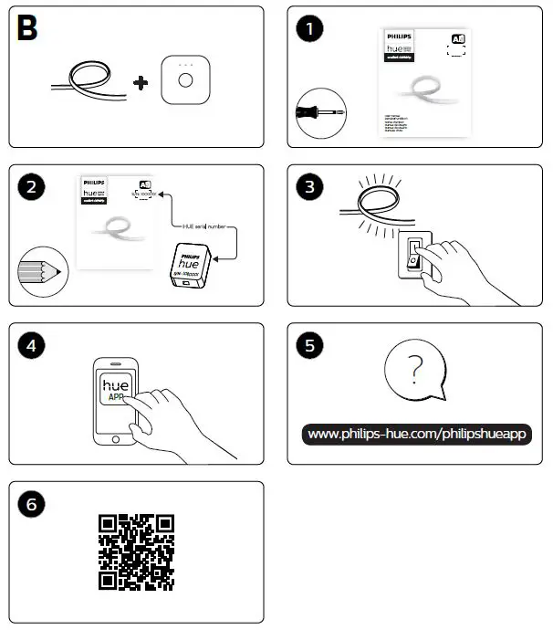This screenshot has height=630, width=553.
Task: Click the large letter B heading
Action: (28, 29)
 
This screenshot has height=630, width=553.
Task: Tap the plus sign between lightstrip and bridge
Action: (140, 83)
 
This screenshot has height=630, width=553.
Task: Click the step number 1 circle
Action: (310, 29)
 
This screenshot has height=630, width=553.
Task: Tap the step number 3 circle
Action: (310, 187)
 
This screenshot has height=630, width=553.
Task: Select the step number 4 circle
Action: (31, 346)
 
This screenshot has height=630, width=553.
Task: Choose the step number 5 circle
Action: (310, 346)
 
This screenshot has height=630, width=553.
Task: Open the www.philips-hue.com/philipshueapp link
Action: (417, 434)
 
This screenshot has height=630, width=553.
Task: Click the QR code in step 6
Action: (136, 552)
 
